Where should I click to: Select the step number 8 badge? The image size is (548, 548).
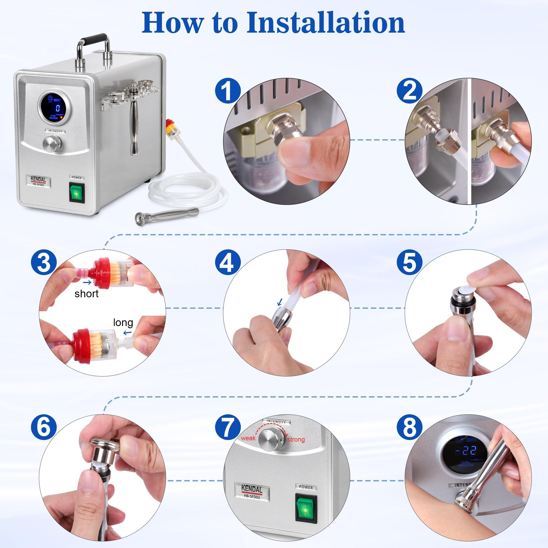409,427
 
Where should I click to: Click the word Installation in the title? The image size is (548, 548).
325,23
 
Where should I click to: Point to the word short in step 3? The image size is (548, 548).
86,293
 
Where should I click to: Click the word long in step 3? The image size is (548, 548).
123,322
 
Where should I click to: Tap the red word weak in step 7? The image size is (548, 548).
248,438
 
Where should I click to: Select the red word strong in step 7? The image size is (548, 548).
296,439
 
